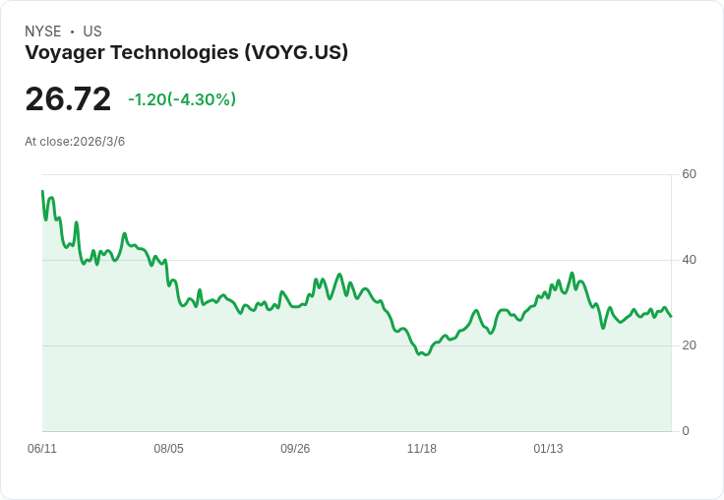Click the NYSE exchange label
(42, 31)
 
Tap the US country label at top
(92, 31)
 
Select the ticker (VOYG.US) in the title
(296, 52)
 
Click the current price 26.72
(68, 99)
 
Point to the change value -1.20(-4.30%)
(182, 99)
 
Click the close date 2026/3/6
(98, 142)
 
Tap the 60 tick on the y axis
(690, 174)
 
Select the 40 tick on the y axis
(690, 260)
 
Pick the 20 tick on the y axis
(690, 345)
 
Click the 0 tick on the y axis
(686, 431)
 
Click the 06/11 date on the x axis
(42, 449)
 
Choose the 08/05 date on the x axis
(168, 449)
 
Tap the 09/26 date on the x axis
(295, 449)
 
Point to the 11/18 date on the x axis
(422, 449)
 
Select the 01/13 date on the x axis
(548, 449)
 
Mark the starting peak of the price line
(42, 191)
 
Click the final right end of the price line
(671, 316)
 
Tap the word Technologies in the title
(174, 52)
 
